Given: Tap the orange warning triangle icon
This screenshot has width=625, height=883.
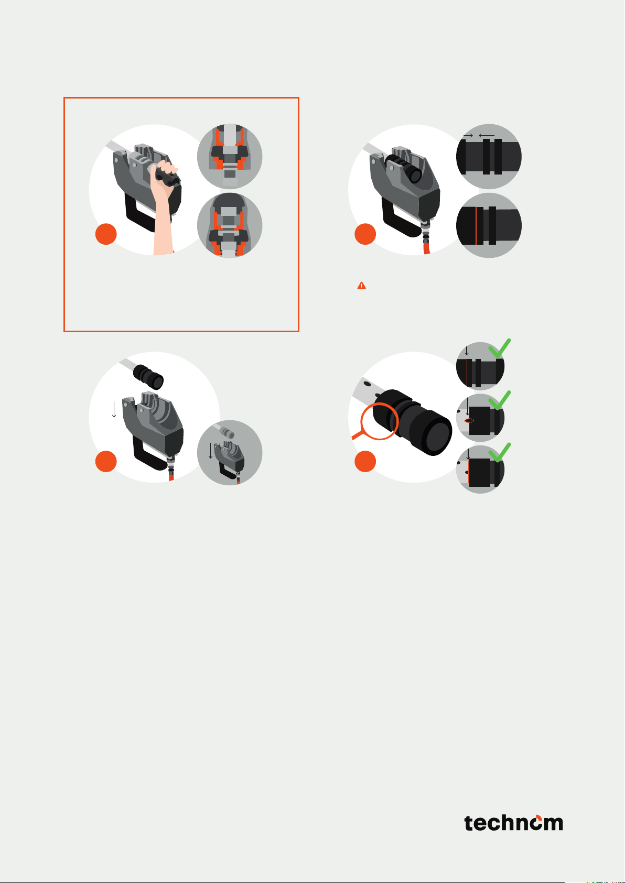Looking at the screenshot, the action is [x=362, y=286].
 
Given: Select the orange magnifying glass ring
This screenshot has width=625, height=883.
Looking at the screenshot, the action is [x=379, y=421].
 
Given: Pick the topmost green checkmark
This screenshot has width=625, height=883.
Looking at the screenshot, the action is [x=500, y=348].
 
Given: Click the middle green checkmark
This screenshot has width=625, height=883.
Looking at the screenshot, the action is [x=500, y=400].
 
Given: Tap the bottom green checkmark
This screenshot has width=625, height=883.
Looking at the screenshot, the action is [x=500, y=452].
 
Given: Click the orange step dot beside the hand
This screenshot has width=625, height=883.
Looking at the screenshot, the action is [x=106, y=234].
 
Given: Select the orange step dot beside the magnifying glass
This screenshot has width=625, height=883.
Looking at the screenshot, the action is [x=365, y=461].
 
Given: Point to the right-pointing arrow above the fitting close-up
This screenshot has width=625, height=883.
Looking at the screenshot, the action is [x=468, y=135].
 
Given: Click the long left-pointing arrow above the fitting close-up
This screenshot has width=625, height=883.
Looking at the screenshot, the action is [x=487, y=135].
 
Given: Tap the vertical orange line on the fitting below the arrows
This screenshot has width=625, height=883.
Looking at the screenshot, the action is [x=476, y=225].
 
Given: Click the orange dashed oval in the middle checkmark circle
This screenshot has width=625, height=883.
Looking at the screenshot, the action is [x=469, y=421].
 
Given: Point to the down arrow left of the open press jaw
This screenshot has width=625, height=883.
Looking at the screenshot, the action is [x=114, y=409].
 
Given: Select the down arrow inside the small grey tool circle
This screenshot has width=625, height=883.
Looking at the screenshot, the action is [x=211, y=451].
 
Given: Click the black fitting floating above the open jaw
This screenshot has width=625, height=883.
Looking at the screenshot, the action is [x=148, y=377].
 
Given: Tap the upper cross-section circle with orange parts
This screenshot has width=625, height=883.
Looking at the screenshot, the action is [x=230, y=157].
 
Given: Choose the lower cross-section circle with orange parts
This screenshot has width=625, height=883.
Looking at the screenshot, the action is [x=230, y=225].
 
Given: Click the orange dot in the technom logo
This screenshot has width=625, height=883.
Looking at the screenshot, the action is [x=538, y=817].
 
